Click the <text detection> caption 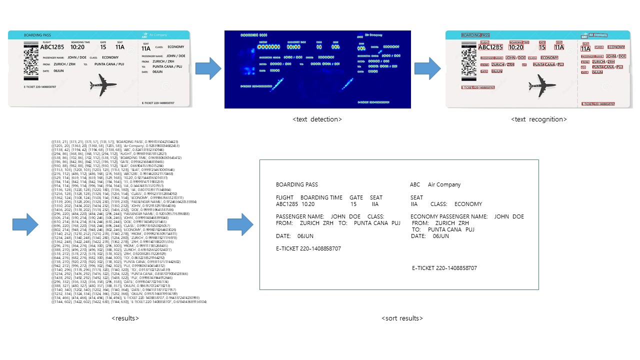317,119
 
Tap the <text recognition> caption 539,119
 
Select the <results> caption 125,318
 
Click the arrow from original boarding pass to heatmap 208,68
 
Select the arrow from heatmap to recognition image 427,68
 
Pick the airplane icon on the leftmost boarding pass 103,85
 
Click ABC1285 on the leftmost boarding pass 54,47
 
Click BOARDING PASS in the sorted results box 296,185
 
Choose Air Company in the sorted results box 444,185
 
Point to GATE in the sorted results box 356,197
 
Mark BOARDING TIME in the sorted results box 321,197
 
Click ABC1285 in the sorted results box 287,204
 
